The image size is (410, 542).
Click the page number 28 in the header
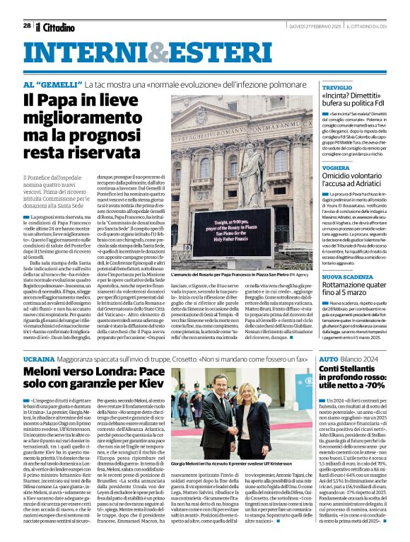click(x=27, y=25)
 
